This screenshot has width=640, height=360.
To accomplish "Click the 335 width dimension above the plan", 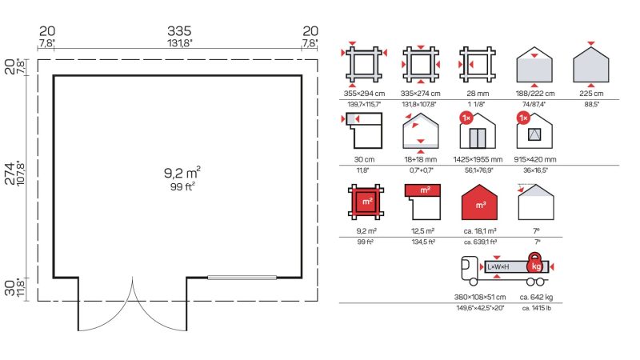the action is [179, 31].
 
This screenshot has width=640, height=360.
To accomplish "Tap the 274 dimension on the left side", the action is [10, 174].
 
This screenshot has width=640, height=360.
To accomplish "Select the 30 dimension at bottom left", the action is [10, 287].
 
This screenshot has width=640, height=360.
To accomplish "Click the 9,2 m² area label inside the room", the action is [182, 173].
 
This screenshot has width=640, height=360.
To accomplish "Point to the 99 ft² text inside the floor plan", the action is [182, 186].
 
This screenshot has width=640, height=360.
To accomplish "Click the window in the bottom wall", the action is [242, 278].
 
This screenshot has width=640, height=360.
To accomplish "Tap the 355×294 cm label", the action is [364, 94].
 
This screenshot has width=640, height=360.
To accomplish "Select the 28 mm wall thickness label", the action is [478, 94].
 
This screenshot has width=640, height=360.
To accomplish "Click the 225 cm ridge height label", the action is [591, 94].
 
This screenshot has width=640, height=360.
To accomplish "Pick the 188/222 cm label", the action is [534, 94].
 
